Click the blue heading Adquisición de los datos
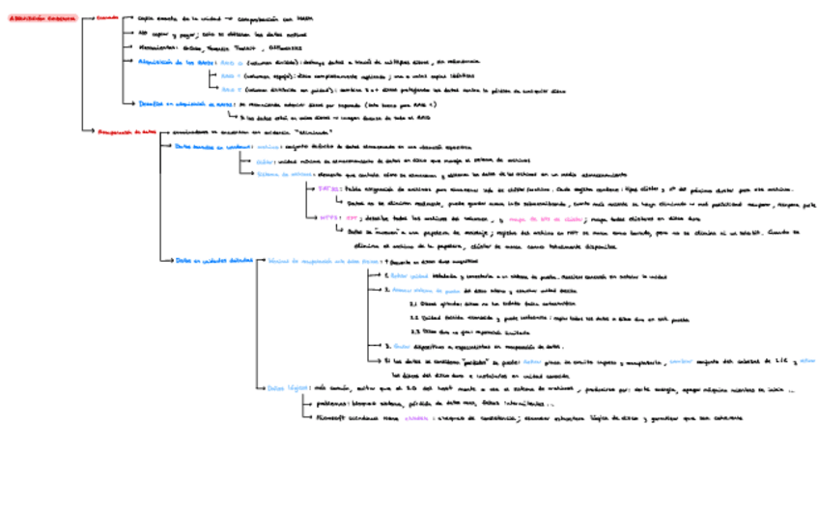[178, 60]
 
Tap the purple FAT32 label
[328, 189]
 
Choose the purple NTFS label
[328, 217]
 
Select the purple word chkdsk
[417, 417]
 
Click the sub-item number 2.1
[413, 302]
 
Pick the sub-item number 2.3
[413, 330]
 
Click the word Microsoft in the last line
[335, 417]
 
